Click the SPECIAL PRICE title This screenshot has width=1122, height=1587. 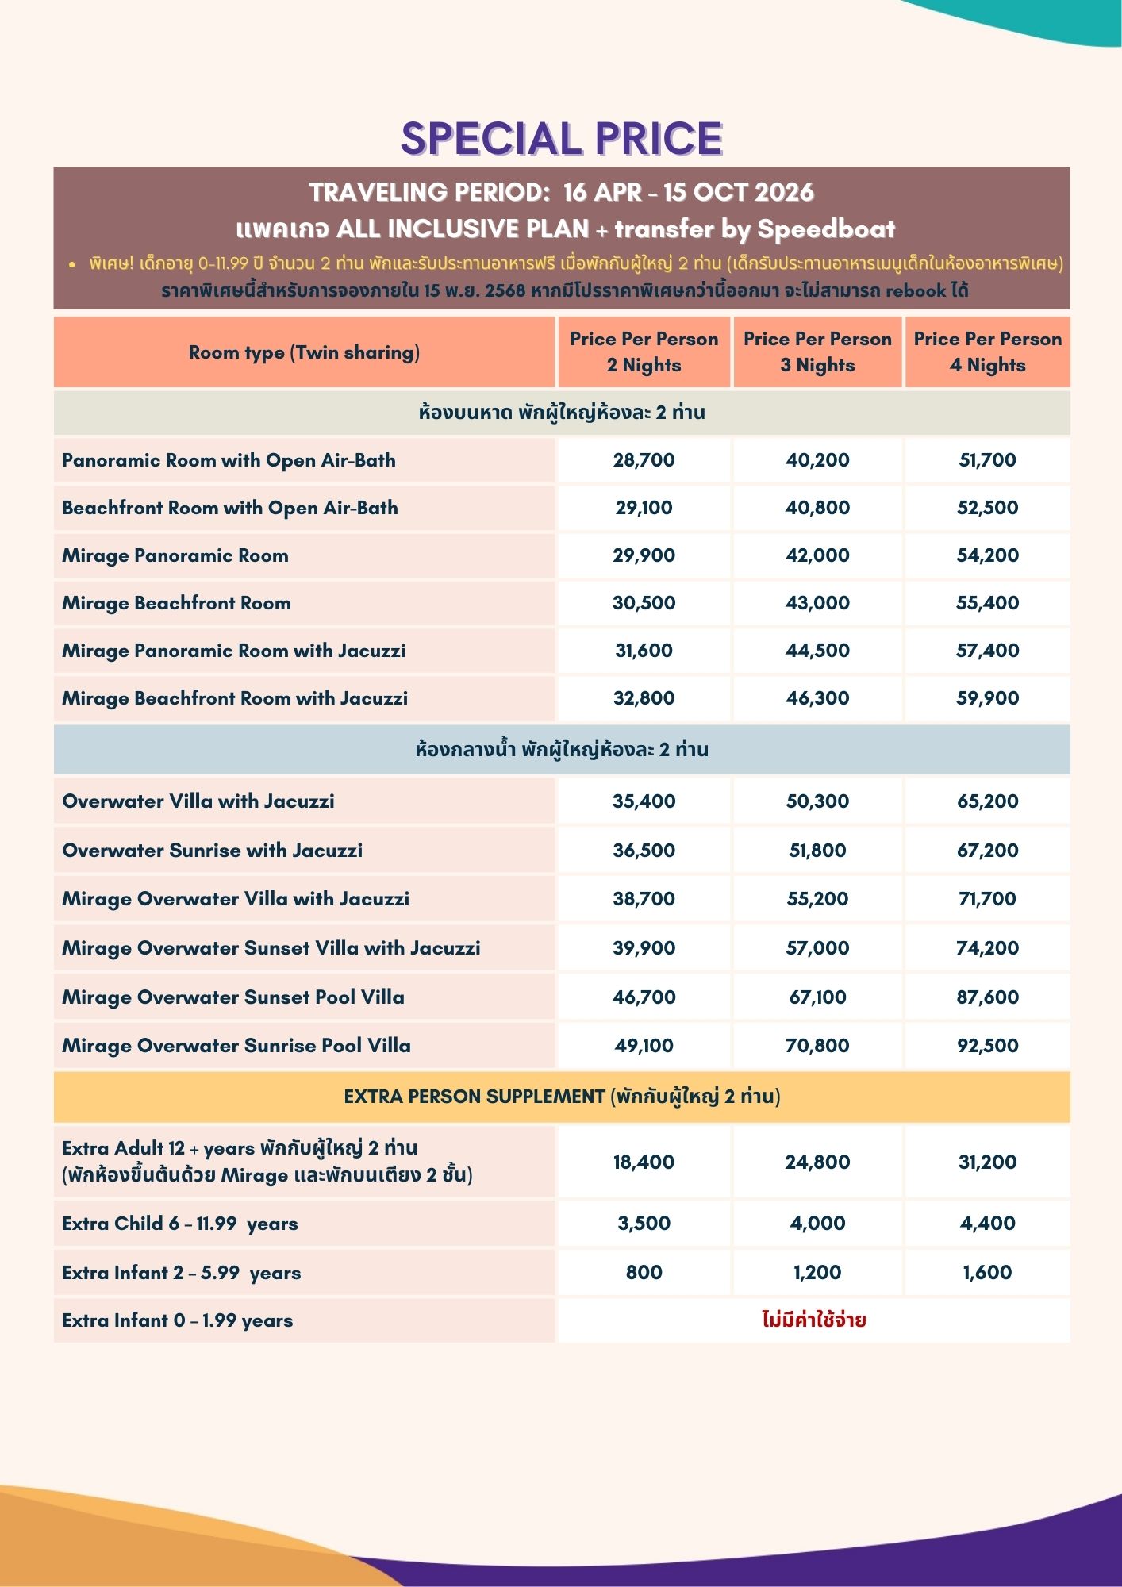pos(561,139)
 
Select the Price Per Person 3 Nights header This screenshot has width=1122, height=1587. pos(817,352)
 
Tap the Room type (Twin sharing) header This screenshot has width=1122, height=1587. pos(304,352)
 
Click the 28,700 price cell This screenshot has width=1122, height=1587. pos(644,460)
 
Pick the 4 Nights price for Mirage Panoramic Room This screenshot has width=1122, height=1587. pos(987,555)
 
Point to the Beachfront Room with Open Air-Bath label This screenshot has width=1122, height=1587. pos(230,508)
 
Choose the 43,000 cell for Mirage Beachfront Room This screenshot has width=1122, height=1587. pos(817,603)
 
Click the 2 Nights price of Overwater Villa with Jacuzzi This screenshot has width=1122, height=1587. pos(644,801)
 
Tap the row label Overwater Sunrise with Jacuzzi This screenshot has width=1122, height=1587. pos(212,851)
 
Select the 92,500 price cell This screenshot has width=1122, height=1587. pos(987,1046)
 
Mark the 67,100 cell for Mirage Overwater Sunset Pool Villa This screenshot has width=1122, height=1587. pos(817,997)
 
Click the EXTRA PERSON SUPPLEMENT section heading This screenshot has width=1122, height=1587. pos(562,1097)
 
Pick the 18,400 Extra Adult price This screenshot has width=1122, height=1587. pos(644,1162)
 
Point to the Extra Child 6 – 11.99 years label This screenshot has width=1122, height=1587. pos(180,1224)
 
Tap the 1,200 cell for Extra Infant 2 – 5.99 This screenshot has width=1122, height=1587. pos(817,1273)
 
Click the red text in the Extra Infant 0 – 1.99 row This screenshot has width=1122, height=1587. pos(813,1320)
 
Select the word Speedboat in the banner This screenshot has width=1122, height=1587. pos(825,229)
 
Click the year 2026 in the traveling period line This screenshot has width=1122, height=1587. pos(784,192)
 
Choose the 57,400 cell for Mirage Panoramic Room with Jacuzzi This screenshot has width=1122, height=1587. pos(987,651)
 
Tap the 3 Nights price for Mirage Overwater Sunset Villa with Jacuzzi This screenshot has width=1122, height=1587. pos(817,948)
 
